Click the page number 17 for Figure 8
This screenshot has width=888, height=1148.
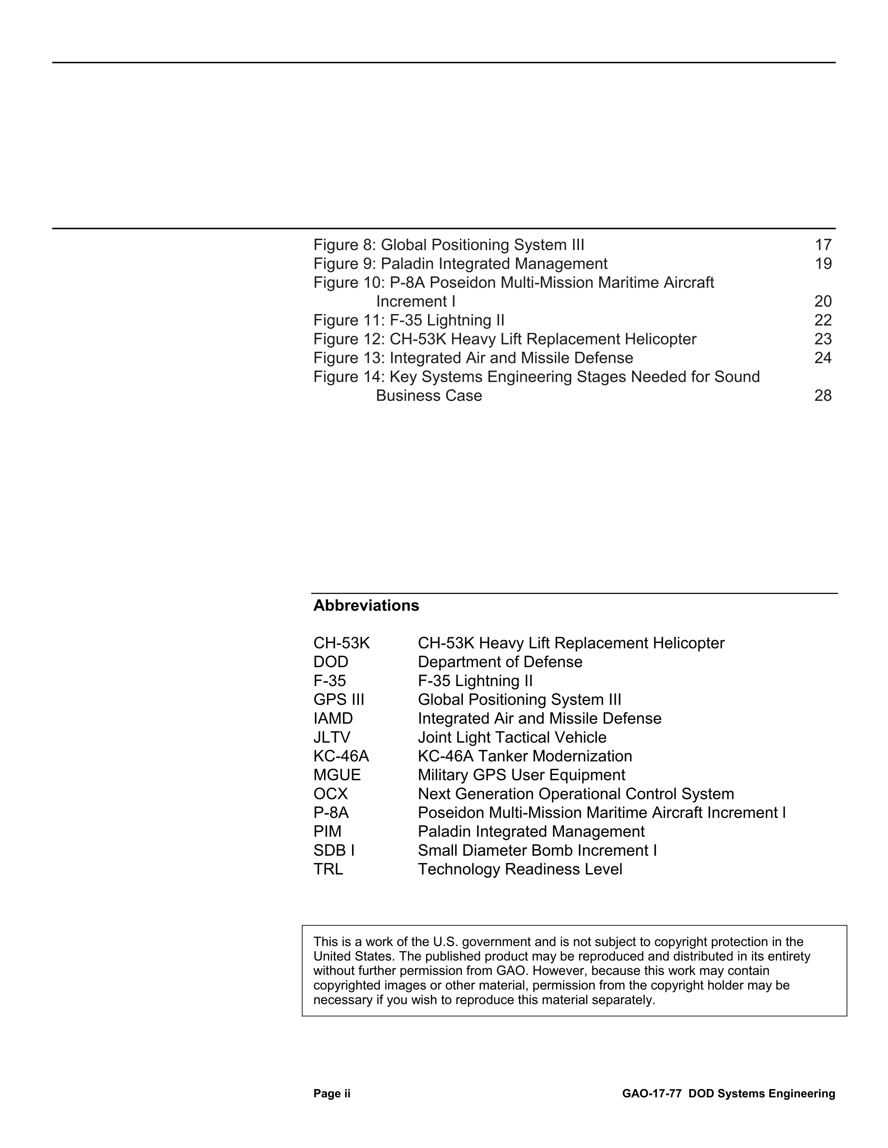pyautogui.click(x=823, y=245)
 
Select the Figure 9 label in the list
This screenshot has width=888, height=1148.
pyautogui.click(x=344, y=264)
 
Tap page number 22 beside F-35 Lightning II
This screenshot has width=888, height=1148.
pyautogui.click(x=823, y=320)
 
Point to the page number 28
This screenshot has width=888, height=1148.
pyautogui.click(x=823, y=395)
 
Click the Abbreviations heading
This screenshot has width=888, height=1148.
pyautogui.click(x=366, y=605)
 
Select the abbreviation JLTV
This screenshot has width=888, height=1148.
pyautogui.click(x=332, y=737)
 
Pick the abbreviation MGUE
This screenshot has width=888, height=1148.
pyautogui.click(x=337, y=775)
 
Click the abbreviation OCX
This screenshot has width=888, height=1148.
pyautogui.click(x=331, y=794)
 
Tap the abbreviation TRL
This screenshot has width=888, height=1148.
pyautogui.click(x=328, y=869)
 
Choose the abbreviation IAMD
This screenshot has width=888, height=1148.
pyautogui.click(x=333, y=718)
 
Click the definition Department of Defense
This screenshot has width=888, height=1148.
pyautogui.click(x=500, y=662)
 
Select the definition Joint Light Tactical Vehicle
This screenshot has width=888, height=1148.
pyautogui.click(x=512, y=737)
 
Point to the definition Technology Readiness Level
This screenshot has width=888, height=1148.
pyautogui.click(x=520, y=869)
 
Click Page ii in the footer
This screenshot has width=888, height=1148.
pyautogui.click(x=332, y=1093)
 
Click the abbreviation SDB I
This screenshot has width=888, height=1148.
pyautogui.click(x=334, y=850)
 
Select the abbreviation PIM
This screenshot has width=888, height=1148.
pyautogui.click(x=327, y=831)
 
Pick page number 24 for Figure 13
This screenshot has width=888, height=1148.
pyautogui.click(x=823, y=358)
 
